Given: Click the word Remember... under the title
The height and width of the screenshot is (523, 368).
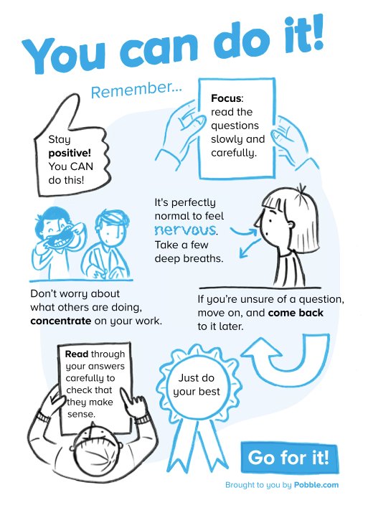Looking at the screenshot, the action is click(136, 89).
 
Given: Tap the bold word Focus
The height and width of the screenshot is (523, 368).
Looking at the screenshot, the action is click(226, 98).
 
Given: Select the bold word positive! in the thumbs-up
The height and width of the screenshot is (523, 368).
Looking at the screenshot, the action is click(70, 154).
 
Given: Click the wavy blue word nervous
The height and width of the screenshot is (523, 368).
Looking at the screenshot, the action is click(186, 230).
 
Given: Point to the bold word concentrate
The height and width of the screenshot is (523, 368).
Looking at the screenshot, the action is click(60, 321).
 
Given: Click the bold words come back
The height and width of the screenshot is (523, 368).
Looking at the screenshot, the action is click(296, 313).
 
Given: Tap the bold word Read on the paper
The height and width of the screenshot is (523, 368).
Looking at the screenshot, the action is click(77, 354).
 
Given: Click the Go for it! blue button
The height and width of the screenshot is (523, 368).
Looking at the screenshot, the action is click(289, 457).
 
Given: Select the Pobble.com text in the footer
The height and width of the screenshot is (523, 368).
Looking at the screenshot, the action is click(316, 485).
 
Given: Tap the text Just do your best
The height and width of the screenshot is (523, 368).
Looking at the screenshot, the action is click(197, 385).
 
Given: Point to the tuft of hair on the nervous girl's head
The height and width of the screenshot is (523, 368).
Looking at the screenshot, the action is click(302, 189).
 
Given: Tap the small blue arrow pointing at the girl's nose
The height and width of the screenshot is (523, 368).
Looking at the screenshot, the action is click(244, 231).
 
